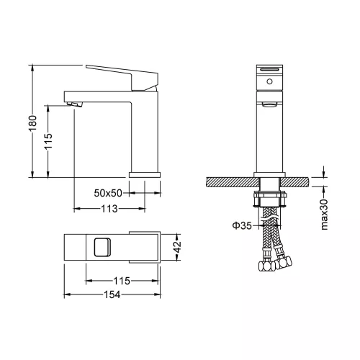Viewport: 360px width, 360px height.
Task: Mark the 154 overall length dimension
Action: click(x=111, y=295)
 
